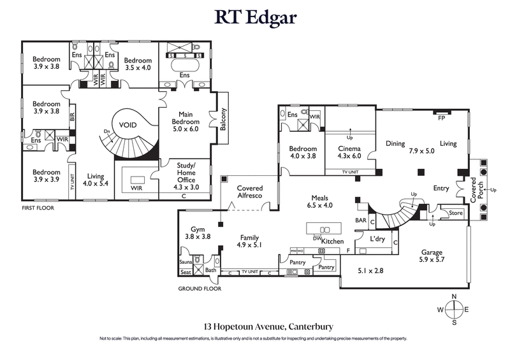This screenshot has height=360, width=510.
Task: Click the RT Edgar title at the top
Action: pos(255,17)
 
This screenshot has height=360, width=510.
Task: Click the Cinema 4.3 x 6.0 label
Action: pos(349,152)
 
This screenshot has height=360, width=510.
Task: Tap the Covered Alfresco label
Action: pos(250,193)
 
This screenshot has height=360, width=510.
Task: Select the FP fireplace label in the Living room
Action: pos(441,118)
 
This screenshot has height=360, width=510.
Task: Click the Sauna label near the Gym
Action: pos(186,261)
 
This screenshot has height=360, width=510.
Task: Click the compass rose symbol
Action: pos(453,310)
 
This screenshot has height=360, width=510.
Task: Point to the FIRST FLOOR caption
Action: pos(38,208)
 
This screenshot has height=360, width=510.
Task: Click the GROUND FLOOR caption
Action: pos(200,288)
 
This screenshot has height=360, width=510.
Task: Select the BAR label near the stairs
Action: pos(360,220)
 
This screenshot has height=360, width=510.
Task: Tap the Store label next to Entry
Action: pos(455,213)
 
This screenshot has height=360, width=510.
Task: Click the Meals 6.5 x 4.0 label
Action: pos(320,202)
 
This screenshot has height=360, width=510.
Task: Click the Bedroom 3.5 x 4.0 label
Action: pos(138,64)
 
